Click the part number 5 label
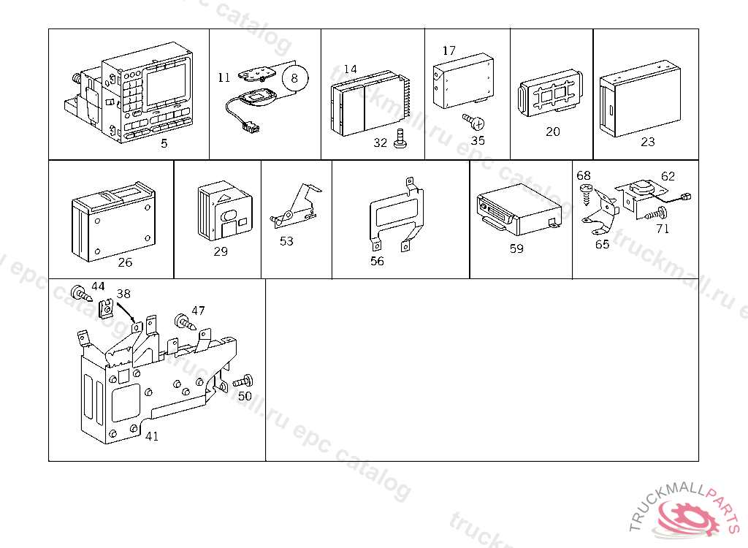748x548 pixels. pos(164,143)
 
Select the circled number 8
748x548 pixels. pos(295,77)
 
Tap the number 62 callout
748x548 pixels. pos(668,176)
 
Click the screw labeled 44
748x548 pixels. pos(78,294)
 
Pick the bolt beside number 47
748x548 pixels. pos(182,321)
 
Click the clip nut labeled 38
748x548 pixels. pos(107,310)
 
